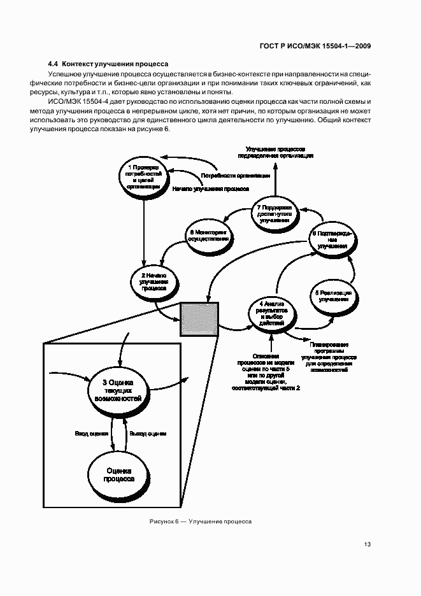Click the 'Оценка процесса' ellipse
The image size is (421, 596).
click(x=118, y=475)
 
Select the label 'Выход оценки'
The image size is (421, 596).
click(x=148, y=434)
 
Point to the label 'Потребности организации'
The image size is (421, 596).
click(x=236, y=175)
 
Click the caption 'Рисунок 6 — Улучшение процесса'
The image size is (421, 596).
click(x=201, y=521)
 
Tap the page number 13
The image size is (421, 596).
click(x=367, y=544)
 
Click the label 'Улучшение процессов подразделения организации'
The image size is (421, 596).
click(x=275, y=152)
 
